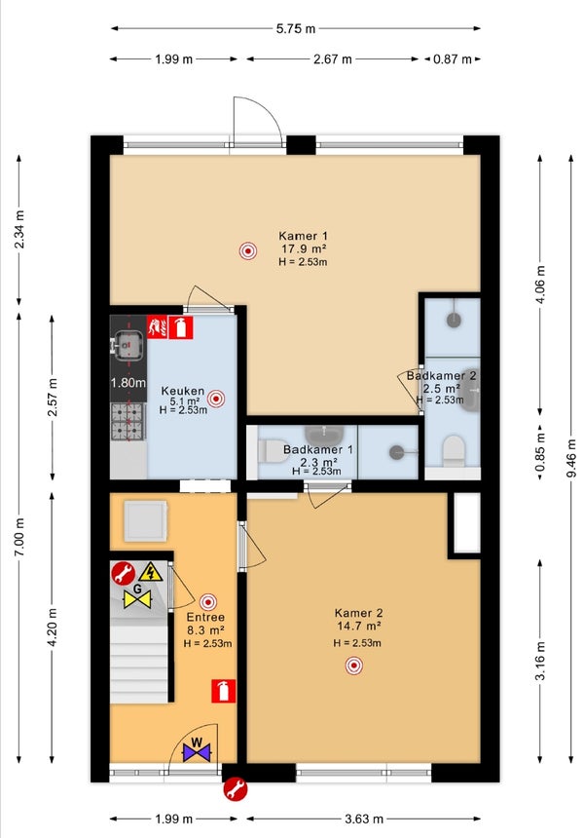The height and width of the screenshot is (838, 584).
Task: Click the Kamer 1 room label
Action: pyautogui.click(x=304, y=236)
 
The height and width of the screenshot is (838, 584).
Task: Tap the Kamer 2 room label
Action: pyautogui.click(x=359, y=613)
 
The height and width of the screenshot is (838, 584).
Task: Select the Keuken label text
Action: pyautogui.click(x=183, y=391)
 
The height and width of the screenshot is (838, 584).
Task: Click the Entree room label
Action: pyautogui.click(x=205, y=617)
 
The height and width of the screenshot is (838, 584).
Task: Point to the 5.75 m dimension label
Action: pyautogui.click(x=296, y=29)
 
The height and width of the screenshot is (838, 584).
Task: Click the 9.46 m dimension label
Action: pyautogui.click(x=571, y=459)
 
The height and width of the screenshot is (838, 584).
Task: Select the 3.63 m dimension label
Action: pyautogui.click(x=364, y=819)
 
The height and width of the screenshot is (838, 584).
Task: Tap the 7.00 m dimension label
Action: pyautogui.click(x=19, y=537)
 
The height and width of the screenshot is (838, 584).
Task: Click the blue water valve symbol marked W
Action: pyautogui.click(x=197, y=750)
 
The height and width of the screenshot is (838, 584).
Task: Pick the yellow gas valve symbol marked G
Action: pyautogui.click(x=137, y=596)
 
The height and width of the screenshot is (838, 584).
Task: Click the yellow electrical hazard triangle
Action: pyautogui.click(x=151, y=572)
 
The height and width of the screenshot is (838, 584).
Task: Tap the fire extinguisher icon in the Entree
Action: pyautogui.click(x=223, y=691)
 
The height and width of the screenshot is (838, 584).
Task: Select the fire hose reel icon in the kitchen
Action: pyautogui.click(x=158, y=327)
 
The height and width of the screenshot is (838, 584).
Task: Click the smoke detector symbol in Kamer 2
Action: pyautogui.click(x=353, y=666)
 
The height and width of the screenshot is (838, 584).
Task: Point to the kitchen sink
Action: pyautogui.click(x=128, y=345)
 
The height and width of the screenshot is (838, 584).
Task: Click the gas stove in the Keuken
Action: pyautogui.click(x=128, y=422)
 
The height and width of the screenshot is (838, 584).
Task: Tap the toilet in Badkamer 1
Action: pyautogui.click(x=273, y=451)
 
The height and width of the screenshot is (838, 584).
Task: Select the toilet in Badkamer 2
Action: pyautogui.click(x=455, y=450)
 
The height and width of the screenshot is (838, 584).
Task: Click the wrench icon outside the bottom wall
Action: pyautogui.click(x=235, y=789)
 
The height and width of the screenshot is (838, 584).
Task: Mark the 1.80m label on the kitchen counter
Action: pyautogui.click(x=128, y=383)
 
